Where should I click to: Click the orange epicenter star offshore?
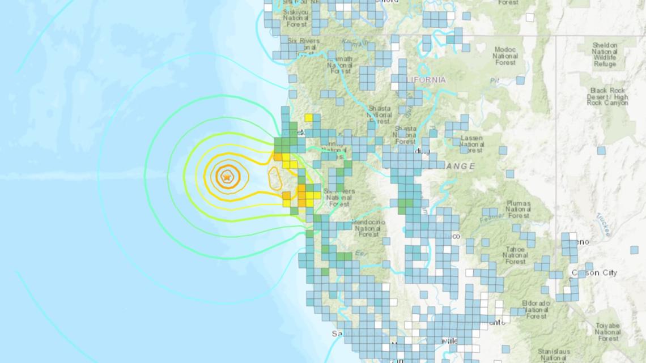pos(227,177)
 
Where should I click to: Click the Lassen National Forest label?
pos(471,144)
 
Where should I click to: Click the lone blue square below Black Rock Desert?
pos(601,151)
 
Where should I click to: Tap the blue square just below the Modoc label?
pos(520,80)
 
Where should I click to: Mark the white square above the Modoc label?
pos(530,17)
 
